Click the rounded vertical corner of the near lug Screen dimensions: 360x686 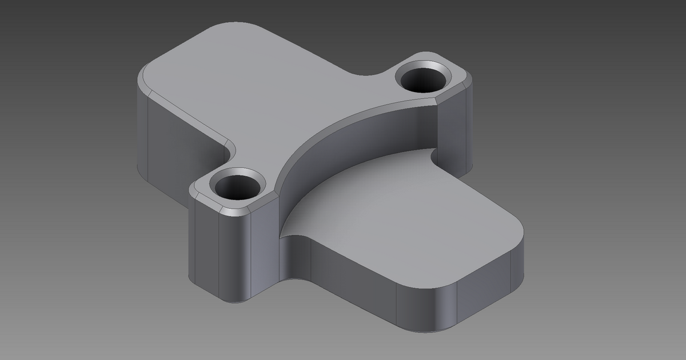(234, 257)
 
